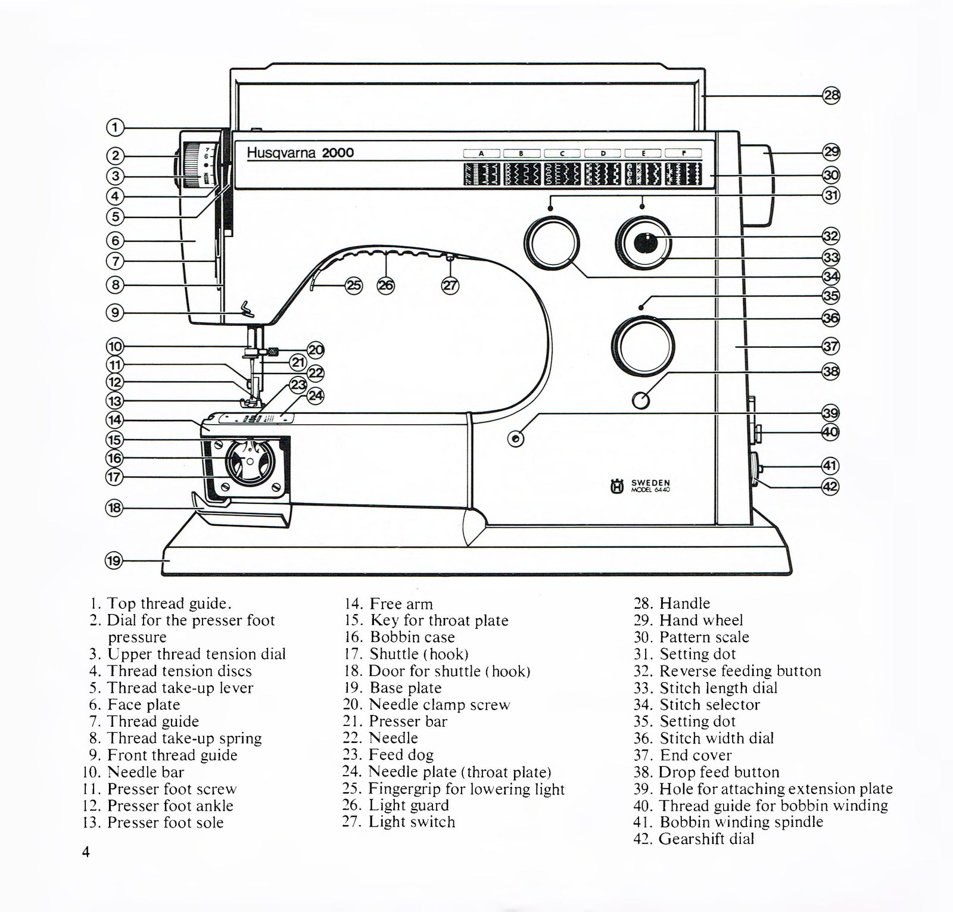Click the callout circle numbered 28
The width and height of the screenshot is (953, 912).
coord(831,95)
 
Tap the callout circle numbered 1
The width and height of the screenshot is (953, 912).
coord(115,127)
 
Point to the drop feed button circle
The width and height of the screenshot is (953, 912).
coord(641,400)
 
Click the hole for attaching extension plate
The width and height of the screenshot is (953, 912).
coord(516,439)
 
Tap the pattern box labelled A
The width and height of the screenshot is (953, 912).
coord(481,154)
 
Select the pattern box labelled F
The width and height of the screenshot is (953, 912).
coord(683,154)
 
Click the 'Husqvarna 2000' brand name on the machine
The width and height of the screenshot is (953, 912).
coord(300,152)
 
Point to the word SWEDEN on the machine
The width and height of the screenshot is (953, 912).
coord(650,483)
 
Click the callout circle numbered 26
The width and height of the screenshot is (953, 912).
coord(386,286)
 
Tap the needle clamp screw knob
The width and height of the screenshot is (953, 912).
coord(273,351)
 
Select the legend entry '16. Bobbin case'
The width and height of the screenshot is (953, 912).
coord(412,637)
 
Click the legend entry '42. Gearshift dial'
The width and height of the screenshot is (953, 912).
coord(694,839)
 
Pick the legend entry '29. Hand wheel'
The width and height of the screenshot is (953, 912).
coord(688,621)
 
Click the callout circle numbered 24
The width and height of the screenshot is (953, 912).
coord(316,395)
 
